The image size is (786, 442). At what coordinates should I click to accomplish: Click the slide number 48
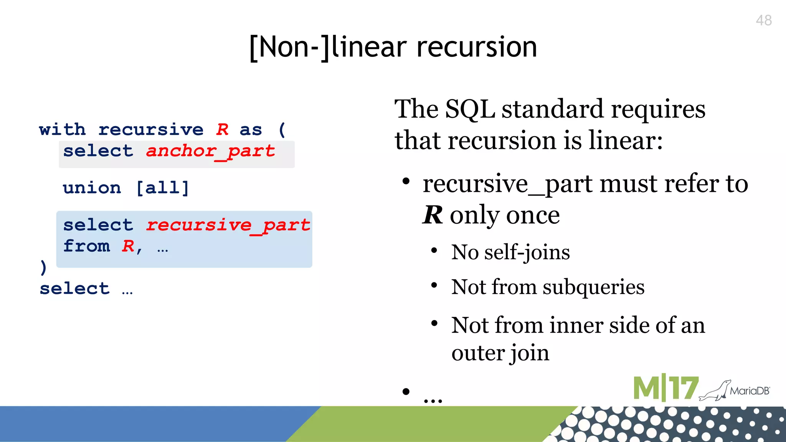pos(763,20)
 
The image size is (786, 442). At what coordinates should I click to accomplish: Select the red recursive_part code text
pos(228,225)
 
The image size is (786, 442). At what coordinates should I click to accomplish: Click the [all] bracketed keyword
pos(163,188)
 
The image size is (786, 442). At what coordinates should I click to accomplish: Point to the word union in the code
pos(92,188)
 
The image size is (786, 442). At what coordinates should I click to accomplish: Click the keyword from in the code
pos(87,246)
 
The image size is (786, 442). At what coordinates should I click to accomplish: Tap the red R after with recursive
pos(222,130)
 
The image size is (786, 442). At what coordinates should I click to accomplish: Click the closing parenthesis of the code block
pos(43,267)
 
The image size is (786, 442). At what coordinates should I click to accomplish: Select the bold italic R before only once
pos(433,215)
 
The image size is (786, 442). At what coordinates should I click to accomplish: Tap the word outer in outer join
pos(478,353)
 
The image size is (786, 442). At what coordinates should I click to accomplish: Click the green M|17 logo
pos(665,388)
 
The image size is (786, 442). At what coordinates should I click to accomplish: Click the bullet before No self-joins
pos(434,251)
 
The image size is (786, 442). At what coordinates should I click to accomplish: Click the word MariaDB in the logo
pos(750,391)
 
